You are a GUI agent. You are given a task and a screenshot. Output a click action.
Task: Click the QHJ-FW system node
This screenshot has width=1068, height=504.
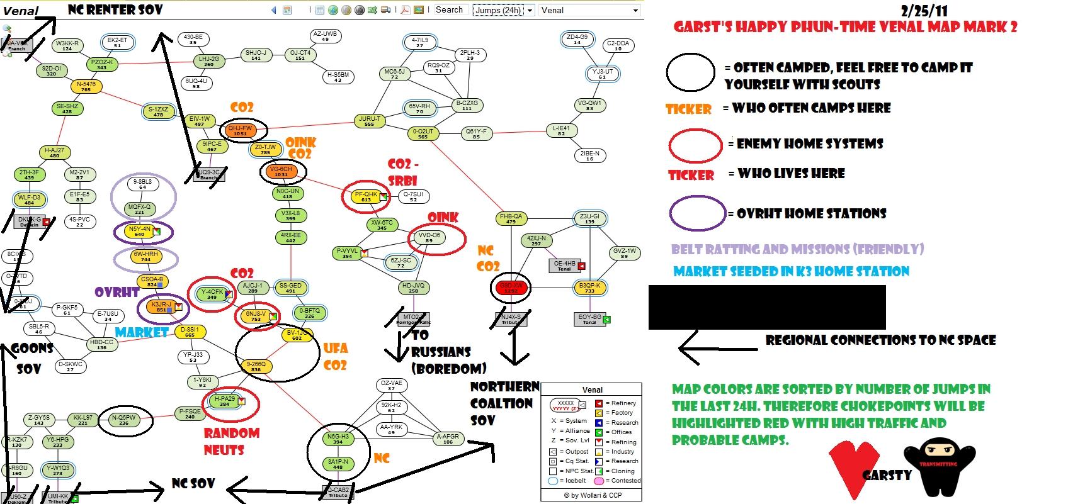(240, 131)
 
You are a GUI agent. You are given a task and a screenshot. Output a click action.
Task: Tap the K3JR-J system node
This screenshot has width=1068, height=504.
(161, 307)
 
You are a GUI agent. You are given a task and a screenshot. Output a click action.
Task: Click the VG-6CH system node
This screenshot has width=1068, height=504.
(281, 172)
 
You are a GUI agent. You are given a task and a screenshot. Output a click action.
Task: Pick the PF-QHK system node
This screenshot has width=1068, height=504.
(366, 197)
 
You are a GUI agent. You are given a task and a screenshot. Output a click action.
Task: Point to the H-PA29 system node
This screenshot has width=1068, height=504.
(225, 401)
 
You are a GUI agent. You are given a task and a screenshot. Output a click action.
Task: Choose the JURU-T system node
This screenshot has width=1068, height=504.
(370, 121)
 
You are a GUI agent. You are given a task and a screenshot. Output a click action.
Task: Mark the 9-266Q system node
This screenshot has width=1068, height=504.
(256, 367)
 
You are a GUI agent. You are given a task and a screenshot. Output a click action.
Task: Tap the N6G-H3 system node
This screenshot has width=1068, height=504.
(338, 439)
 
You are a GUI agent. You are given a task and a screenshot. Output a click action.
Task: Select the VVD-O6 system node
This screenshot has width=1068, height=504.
(429, 238)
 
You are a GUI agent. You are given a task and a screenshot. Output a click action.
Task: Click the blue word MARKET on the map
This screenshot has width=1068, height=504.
(142, 332)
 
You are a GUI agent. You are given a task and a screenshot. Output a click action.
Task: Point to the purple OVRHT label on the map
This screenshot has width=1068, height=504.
(117, 292)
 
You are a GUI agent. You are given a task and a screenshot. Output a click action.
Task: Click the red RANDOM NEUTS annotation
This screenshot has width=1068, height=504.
(231, 441)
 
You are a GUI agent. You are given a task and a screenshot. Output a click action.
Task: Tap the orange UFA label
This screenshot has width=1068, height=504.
(335, 348)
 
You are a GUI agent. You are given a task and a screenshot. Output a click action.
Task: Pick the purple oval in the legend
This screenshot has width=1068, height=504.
(696, 213)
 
